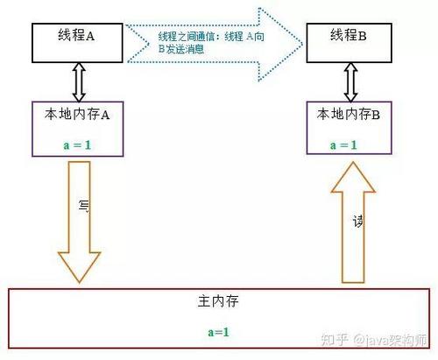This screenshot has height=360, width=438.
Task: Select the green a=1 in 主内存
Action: (x=217, y=332)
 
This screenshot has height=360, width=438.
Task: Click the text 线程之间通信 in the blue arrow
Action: (x=187, y=37)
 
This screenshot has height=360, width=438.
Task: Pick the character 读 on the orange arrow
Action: (x=357, y=222)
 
